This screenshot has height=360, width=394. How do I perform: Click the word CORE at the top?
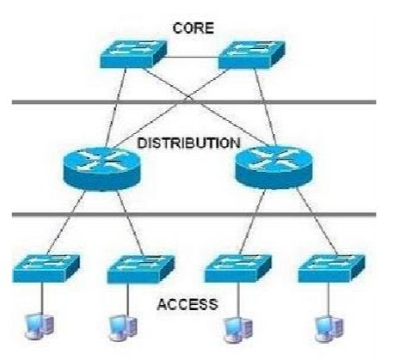[193, 27]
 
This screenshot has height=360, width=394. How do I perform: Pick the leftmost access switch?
[46, 268]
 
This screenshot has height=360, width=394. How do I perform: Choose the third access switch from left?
[236, 268]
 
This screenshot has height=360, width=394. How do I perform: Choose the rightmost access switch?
[328, 268]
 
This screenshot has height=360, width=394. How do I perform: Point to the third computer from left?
[231, 326]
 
